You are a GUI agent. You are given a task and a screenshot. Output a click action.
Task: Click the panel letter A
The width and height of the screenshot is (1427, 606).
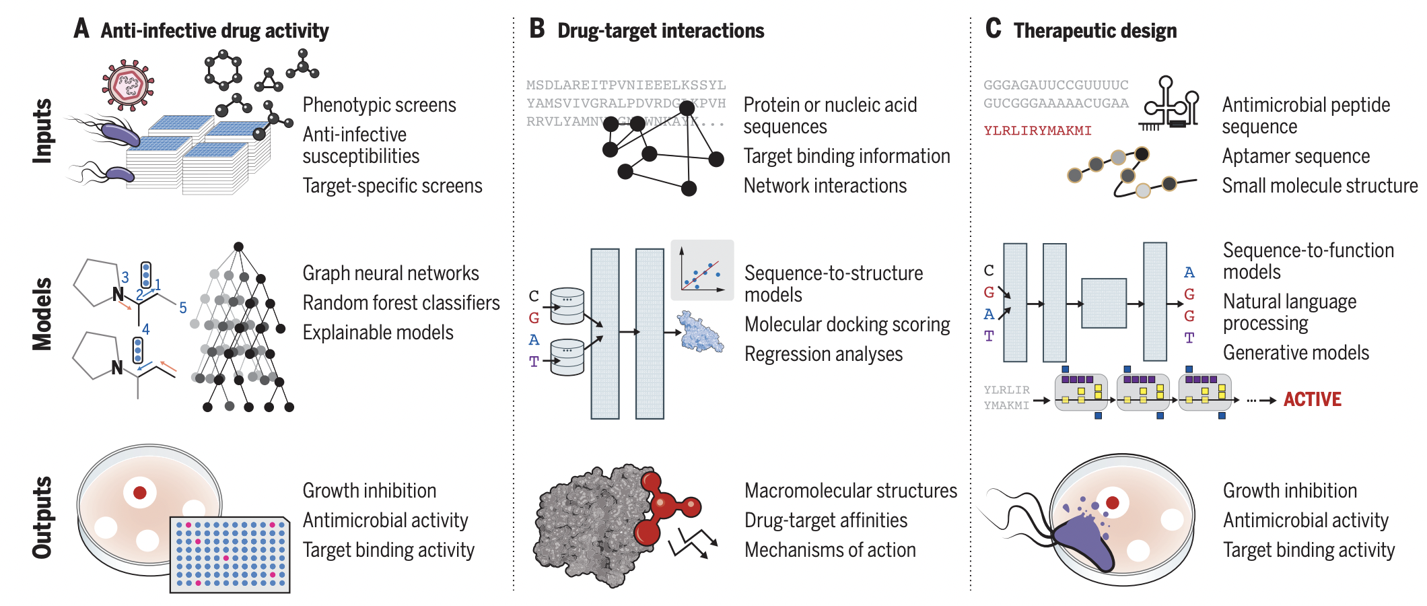click(81, 29)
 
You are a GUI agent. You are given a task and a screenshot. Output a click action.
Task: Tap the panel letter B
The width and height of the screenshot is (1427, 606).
click(536, 29)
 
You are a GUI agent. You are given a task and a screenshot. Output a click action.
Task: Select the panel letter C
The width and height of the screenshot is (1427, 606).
click(993, 29)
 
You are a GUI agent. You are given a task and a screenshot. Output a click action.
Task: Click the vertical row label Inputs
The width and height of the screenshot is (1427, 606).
click(42, 131)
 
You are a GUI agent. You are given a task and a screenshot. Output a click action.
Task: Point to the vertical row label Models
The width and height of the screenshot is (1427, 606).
click(42, 314)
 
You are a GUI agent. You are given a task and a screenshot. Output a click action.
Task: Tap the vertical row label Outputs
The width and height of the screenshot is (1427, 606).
click(42, 517)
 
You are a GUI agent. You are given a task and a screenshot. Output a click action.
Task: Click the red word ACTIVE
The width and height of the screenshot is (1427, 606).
click(1312, 399)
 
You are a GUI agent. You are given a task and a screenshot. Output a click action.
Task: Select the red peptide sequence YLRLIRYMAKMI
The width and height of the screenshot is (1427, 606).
click(1037, 131)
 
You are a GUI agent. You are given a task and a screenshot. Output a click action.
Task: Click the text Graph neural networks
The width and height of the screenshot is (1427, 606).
click(390, 273)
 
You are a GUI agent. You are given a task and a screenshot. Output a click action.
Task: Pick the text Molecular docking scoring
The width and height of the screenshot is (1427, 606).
click(847, 325)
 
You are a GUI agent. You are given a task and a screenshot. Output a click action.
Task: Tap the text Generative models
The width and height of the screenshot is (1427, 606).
click(1296, 353)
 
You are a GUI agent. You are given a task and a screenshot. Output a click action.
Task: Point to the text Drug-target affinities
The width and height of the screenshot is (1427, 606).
click(825, 520)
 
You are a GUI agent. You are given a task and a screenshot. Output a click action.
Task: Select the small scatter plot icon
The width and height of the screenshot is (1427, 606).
click(702, 270)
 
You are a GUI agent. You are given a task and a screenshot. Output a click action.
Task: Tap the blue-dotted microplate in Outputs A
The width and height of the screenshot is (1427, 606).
click(230, 554)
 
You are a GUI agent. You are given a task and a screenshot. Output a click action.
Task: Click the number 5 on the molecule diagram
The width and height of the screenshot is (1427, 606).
click(183, 308)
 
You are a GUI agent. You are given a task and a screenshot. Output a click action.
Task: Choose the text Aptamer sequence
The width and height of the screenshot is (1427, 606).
click(1296, 156)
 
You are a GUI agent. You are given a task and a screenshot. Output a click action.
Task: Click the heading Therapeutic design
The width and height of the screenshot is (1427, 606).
click(1095, 31)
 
